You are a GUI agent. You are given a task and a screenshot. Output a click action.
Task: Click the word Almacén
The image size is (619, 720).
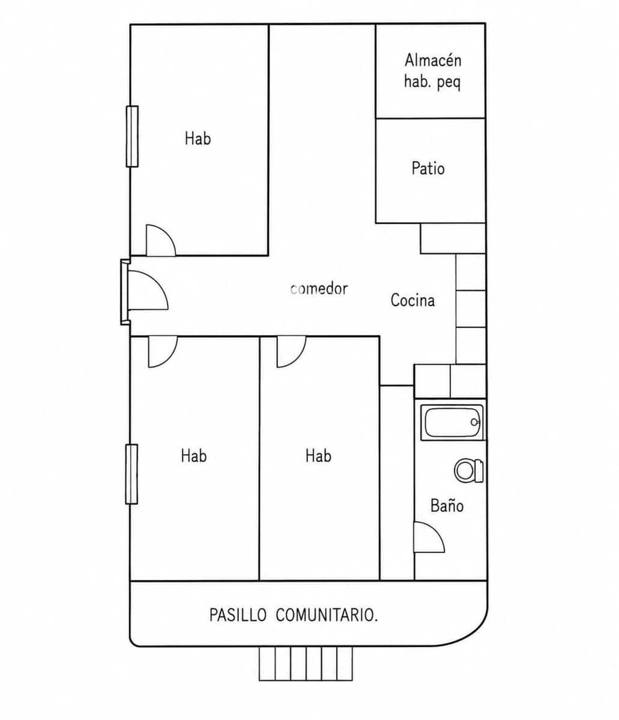tap(433, 60)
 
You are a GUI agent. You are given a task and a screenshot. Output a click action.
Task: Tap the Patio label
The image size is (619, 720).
tap(428, 168)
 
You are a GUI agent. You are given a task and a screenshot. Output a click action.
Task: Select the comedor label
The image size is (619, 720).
tap(319, 289)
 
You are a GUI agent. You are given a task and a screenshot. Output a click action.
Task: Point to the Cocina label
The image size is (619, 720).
tap(412, 300)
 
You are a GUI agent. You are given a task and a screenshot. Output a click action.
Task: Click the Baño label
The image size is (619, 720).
tap(447, 505)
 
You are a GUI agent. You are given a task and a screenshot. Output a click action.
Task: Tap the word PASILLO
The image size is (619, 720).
tap(238, 615)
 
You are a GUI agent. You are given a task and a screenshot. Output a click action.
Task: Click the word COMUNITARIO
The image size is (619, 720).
tap(327, 615)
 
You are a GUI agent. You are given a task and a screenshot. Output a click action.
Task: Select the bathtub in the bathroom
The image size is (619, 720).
tap(451, 422)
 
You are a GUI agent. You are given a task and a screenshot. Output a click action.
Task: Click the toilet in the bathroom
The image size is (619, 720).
tap(469, 470)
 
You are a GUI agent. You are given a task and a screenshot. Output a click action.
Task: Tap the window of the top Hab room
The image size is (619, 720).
tap(132, 136)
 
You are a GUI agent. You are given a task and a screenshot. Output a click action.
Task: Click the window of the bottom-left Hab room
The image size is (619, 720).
tap(131, 474)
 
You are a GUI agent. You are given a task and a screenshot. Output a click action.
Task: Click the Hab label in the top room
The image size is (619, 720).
tap(198, 138)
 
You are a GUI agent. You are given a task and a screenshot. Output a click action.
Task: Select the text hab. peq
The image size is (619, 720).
tap(432, 82)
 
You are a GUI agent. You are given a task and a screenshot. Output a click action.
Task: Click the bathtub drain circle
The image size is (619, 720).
tap(474, 422)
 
